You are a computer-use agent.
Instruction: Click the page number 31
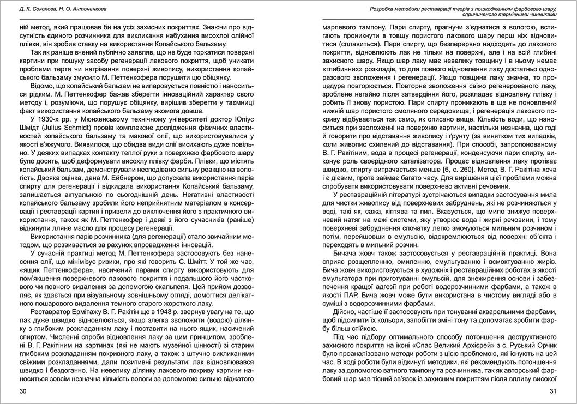[x=552, y=391]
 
